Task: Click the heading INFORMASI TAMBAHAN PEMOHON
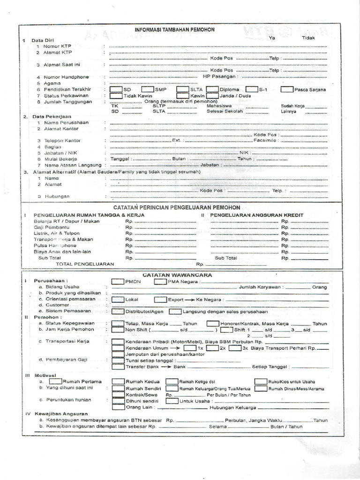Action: [174, 30]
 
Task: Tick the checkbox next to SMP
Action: [147, 89]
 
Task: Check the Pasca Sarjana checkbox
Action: [287, 89]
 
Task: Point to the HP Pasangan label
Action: [220, 76]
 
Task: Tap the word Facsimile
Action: [265, 140]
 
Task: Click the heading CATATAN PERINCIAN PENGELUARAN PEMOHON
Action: [177, 207]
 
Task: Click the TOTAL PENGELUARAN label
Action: [85, 264]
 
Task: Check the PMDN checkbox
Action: [118, 281]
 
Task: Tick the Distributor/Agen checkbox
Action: [118, 311]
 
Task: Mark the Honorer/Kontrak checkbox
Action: [213, 323]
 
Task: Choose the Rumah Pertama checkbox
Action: [55, 382]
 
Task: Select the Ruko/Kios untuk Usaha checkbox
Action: [261, 382]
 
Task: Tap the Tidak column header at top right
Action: [308, 37]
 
